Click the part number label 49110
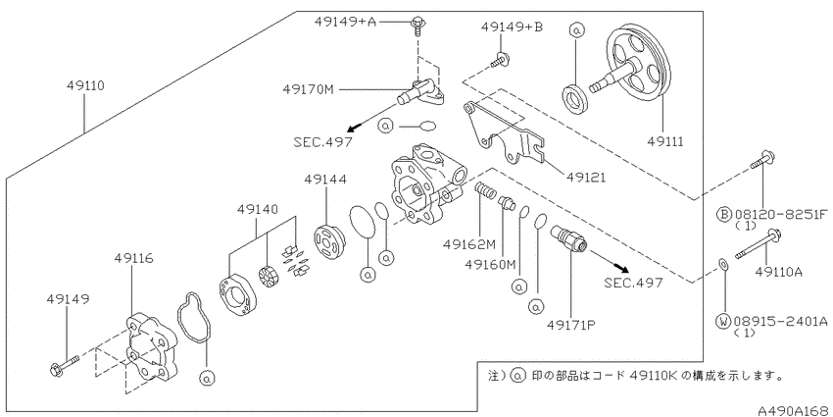coord(85,85)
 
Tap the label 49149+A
coord(345,22)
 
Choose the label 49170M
coord(308,89)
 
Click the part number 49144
coord(325,180)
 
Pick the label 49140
coord(258,210)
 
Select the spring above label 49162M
coord(484,190)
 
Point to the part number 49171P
coord(572,323)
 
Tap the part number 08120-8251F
coord(781,214)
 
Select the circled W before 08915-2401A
coord(723,321)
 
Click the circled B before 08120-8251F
coord(723,214)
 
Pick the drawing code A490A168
coord(794,410)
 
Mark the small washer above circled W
coord(722,264)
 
